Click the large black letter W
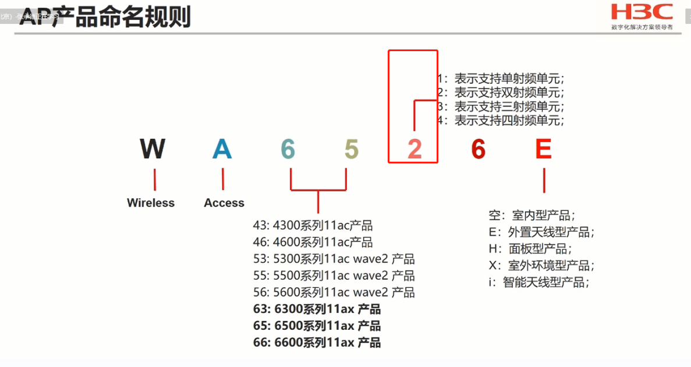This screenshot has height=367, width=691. click(x=153, y=149)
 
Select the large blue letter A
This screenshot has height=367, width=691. click(x=222, y=149)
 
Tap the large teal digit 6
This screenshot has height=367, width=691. click(x=288, y=149)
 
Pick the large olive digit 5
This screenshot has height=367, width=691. click(x=351, y=149)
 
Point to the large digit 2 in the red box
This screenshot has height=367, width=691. click(x=414, y=149)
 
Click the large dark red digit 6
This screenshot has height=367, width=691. click(x=478, y=149)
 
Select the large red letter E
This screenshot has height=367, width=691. click(x=543, y=149)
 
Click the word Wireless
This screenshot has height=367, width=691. click(x=151, y=203)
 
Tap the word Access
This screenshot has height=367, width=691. click(x=224, y=203)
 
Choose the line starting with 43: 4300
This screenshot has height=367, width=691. click(x=313, y=226)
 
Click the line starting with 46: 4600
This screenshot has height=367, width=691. click(x=313, y=242)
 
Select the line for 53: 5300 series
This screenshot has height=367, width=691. click(x=334, y=259)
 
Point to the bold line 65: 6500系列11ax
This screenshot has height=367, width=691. click(x=317, y=326)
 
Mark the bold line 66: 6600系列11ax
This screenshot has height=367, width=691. click(x=317, y=343)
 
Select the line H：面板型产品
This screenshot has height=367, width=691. click(x=530, y=249)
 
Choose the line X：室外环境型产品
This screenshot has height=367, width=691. click(x=541, y=266)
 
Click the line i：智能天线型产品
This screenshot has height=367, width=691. click(x=538, y=283)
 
